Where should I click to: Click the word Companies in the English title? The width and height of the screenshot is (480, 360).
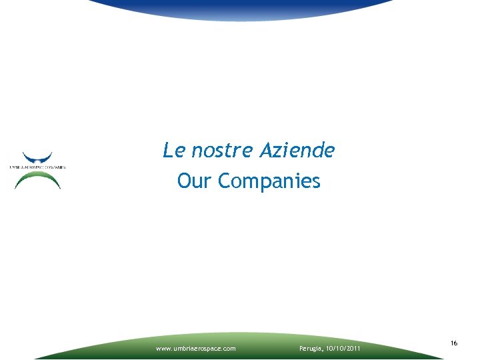click(x=269, y=181)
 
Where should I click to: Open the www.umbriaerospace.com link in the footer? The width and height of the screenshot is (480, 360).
click(x=195, y=348)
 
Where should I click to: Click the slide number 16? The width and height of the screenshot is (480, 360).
click(x=454, y=343)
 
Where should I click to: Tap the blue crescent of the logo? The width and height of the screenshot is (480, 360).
click(x=37, y=157)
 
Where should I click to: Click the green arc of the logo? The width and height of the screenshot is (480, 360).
click(x=37, y=177)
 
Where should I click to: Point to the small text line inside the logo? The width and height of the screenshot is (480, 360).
click(x=37, y=167)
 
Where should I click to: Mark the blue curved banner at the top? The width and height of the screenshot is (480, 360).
click(x=240, y=8)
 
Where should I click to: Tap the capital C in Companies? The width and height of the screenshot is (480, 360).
click(x=225, y=181)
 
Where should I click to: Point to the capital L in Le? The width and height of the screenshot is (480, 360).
click(x=167, y=151)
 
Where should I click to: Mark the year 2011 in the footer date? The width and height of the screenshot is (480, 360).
click(x=353, y=348)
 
